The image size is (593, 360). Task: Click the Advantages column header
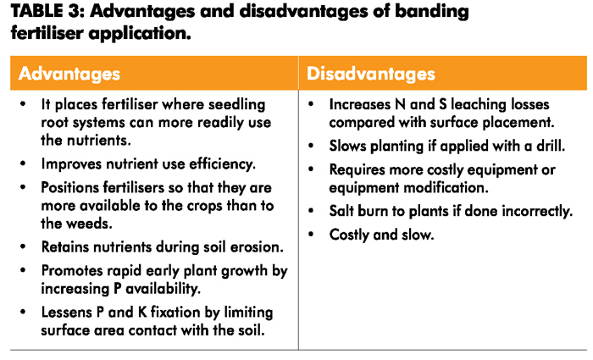(x=69, y=74)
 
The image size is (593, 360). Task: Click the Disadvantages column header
(x=371, y=74)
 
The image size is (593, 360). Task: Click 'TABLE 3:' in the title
(x=47, y=11)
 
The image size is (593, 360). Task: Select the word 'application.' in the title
(x=140, y=34)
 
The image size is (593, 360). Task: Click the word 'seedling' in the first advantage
(x=236, y=105)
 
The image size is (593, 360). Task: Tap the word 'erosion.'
(x=257, y=247)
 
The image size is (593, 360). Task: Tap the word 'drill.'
(x=551, y=146)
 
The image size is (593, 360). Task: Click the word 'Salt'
(x=341, y=211)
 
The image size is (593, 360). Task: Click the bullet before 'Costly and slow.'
(x=311, y=235)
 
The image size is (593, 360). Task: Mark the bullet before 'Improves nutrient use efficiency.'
(x=23, y=163)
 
